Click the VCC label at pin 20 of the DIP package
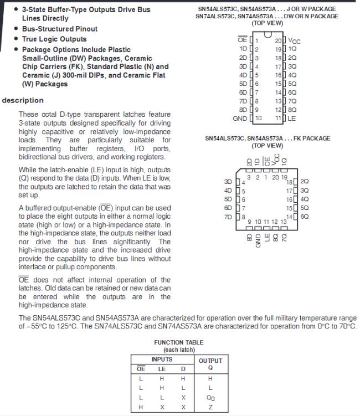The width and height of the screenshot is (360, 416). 295,42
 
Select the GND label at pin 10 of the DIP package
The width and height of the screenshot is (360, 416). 240,119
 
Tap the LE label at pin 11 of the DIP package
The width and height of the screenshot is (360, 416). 292,119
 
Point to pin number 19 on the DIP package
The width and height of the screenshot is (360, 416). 278,49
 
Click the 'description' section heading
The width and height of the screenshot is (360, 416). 23,100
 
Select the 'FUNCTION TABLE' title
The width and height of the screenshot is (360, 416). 178,342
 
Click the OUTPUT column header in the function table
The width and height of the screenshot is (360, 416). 210,361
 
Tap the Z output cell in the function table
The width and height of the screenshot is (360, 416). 210,407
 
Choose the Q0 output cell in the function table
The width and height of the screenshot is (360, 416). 210,398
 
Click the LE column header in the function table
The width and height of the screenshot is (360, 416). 162,368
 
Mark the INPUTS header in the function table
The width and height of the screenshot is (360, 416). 162,359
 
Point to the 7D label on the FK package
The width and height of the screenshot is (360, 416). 228,217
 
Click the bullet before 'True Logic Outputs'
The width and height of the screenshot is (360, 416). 16,39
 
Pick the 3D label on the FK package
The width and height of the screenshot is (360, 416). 228,182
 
